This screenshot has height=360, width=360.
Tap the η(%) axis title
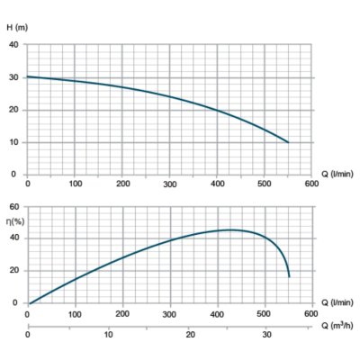pyautogui.click(x=15, y=221)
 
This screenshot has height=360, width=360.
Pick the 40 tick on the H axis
pyautogui.click(x=13, y=45)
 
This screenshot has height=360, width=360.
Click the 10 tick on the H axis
pyautogui.click(x=13, y=142)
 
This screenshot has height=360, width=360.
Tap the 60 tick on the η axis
pyautogui.click(x=13, y=206)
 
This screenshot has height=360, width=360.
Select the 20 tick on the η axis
pyautogui.click(x=13, y=271)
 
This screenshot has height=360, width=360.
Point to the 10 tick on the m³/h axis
pyautogui.click(x=109, y=335)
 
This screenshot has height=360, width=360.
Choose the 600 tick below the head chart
pyautogui.click(x=311, y=184)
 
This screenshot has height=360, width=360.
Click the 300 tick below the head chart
pyautogui.click(x=169, y=184)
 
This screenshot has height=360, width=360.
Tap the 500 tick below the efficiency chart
pyautogui.click(x=264, y=314)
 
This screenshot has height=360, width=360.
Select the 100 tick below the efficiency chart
pyautogui.click(x=75, y=314)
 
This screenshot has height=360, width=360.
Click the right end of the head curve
pyautogui.click(x=288, y=142)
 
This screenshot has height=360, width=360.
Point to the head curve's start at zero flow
pyautogui.click(x=28, y=76)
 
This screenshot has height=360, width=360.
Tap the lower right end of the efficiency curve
pyautogui.click(x=289, y=276)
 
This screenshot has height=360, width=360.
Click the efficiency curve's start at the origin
pyautogui.click(x=29, y=303)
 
